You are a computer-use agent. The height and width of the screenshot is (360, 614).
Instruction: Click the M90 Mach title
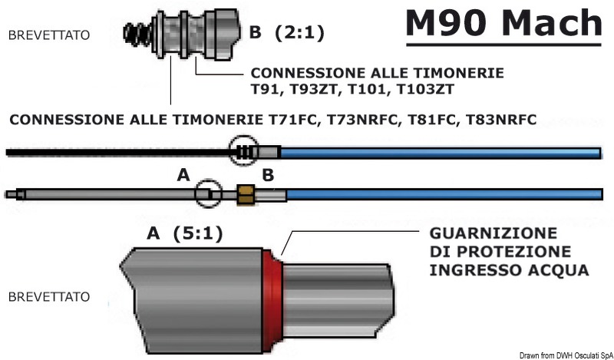coord(503,25)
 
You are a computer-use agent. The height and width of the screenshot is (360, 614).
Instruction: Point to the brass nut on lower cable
coord(246,194)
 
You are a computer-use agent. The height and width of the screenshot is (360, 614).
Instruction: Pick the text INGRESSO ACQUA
coord(510,271)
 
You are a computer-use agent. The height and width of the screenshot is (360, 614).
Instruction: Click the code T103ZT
coord(424,90)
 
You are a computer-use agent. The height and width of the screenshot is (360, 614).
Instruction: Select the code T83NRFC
coord(503,121)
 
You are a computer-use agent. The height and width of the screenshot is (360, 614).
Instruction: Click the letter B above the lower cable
coord(268,176)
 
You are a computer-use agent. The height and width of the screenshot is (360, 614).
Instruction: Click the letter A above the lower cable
coord(183,176)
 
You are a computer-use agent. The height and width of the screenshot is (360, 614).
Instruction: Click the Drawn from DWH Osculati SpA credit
coord(564,354)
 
